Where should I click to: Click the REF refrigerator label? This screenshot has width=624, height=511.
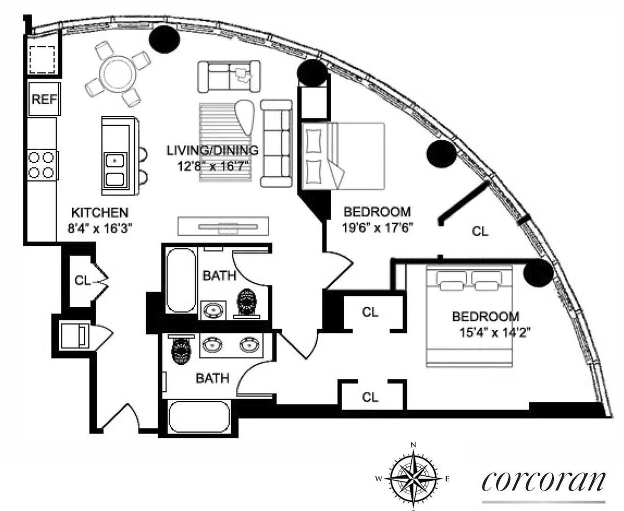[44, 99]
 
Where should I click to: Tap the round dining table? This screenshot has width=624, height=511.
[118, 73]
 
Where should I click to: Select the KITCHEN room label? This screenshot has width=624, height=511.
[100, 213]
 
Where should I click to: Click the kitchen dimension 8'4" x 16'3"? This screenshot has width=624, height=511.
[100, 228]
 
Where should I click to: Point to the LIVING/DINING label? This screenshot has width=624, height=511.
[213, 151]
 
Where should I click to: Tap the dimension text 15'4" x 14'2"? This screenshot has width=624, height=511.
[493, 333]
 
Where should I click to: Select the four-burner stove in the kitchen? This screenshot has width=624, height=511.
[42, 165]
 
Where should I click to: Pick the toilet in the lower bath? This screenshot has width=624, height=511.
[181, 349]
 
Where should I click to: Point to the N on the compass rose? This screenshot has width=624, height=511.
[413, 445]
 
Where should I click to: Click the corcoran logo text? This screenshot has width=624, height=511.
[543, 481]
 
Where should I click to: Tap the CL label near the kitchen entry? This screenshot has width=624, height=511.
[82, 280]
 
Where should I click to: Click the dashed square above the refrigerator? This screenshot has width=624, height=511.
[42, 59]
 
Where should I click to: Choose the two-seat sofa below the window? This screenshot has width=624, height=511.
[229, 77]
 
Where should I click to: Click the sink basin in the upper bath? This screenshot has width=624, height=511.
[213, 310]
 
